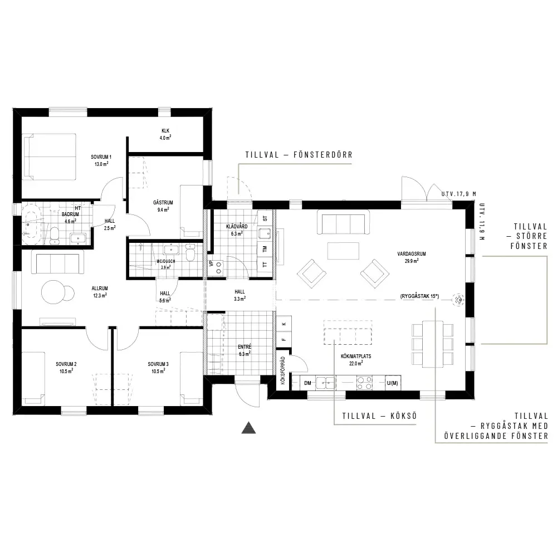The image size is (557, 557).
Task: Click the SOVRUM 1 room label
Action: [x=101, y=157]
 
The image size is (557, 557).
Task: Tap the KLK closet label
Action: [x=165, y=131]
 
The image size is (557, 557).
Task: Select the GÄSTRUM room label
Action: [x=163, y=203]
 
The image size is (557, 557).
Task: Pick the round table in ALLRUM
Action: [x=53, y=292]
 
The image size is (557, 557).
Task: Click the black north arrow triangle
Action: [x=248, y=428]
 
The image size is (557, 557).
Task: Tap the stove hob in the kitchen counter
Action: [x=364, y=383]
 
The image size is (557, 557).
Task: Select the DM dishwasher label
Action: [x=307, y=383]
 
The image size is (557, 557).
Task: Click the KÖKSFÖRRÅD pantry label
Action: [x=283, y=370]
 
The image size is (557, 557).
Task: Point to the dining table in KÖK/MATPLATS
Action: [x=433, y=344]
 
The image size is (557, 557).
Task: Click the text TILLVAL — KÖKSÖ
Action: [x=379, y=416]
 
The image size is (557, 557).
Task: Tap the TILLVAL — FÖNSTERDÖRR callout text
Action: [x=299, y=155]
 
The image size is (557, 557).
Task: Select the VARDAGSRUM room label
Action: [x=412, y=253]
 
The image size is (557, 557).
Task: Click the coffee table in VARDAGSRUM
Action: [x=343, y=251]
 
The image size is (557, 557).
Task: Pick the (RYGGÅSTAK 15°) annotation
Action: [x=419, y=296]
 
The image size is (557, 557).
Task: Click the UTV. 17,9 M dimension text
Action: [x=459, y=194]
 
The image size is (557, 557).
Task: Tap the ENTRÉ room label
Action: [x=245, y=346]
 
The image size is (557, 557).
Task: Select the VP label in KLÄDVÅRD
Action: [x=212, y=263]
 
